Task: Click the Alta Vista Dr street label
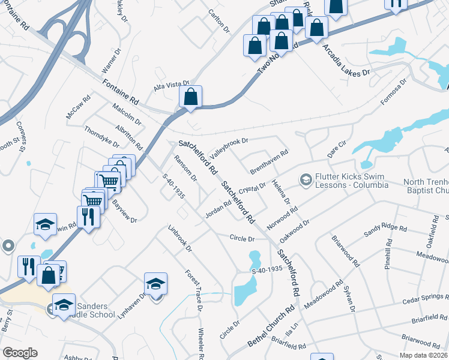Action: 172,86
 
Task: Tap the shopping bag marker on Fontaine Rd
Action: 190,97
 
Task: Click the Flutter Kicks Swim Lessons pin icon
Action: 306,180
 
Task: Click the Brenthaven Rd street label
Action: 270,162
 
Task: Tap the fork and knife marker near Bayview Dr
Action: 88,217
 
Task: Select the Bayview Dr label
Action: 124,212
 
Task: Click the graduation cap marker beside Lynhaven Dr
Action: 155,283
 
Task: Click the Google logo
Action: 20,353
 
